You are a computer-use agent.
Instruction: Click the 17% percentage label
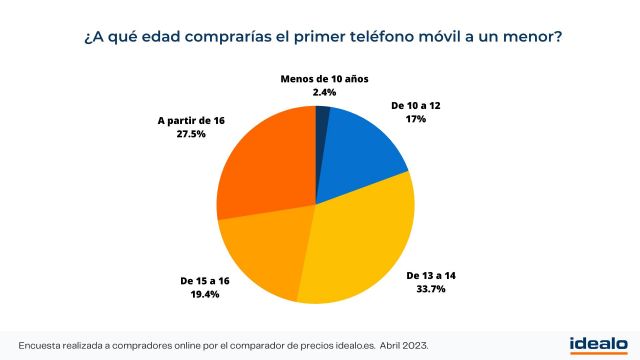[x=416, y=119]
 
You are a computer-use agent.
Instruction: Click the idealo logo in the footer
[x=597, y=343]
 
